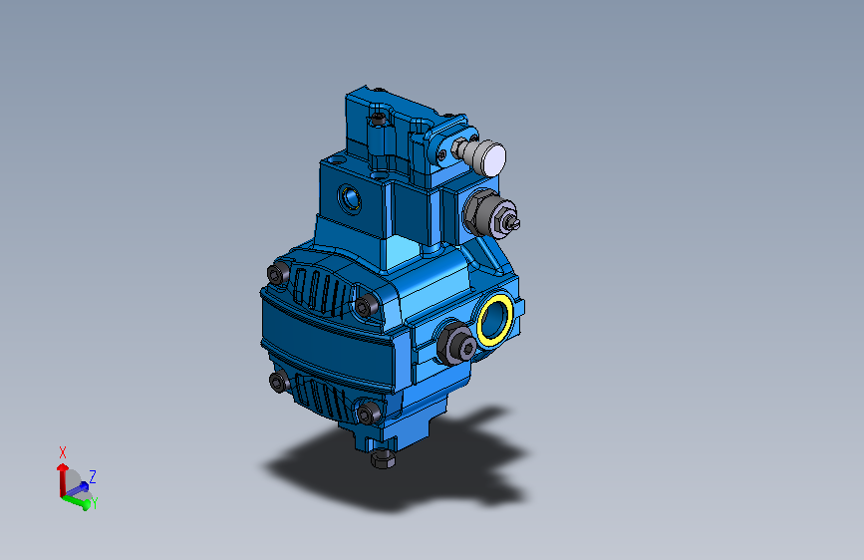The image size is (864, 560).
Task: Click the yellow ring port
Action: point(495,320)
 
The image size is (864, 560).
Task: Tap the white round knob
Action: point(490,157)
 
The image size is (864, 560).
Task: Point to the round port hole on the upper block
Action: point(350,198)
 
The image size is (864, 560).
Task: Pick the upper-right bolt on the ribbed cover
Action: point(369,307)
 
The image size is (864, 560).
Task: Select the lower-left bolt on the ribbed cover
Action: point(278,382)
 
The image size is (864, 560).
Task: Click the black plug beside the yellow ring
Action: point(457,344)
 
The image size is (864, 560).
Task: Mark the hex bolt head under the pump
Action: point(383,459)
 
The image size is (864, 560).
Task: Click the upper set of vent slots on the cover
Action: point(321,286)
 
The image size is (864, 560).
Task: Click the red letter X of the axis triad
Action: point(63,451)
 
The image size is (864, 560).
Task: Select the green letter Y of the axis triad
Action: point(93,504)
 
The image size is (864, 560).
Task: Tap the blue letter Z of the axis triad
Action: point(93,476)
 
